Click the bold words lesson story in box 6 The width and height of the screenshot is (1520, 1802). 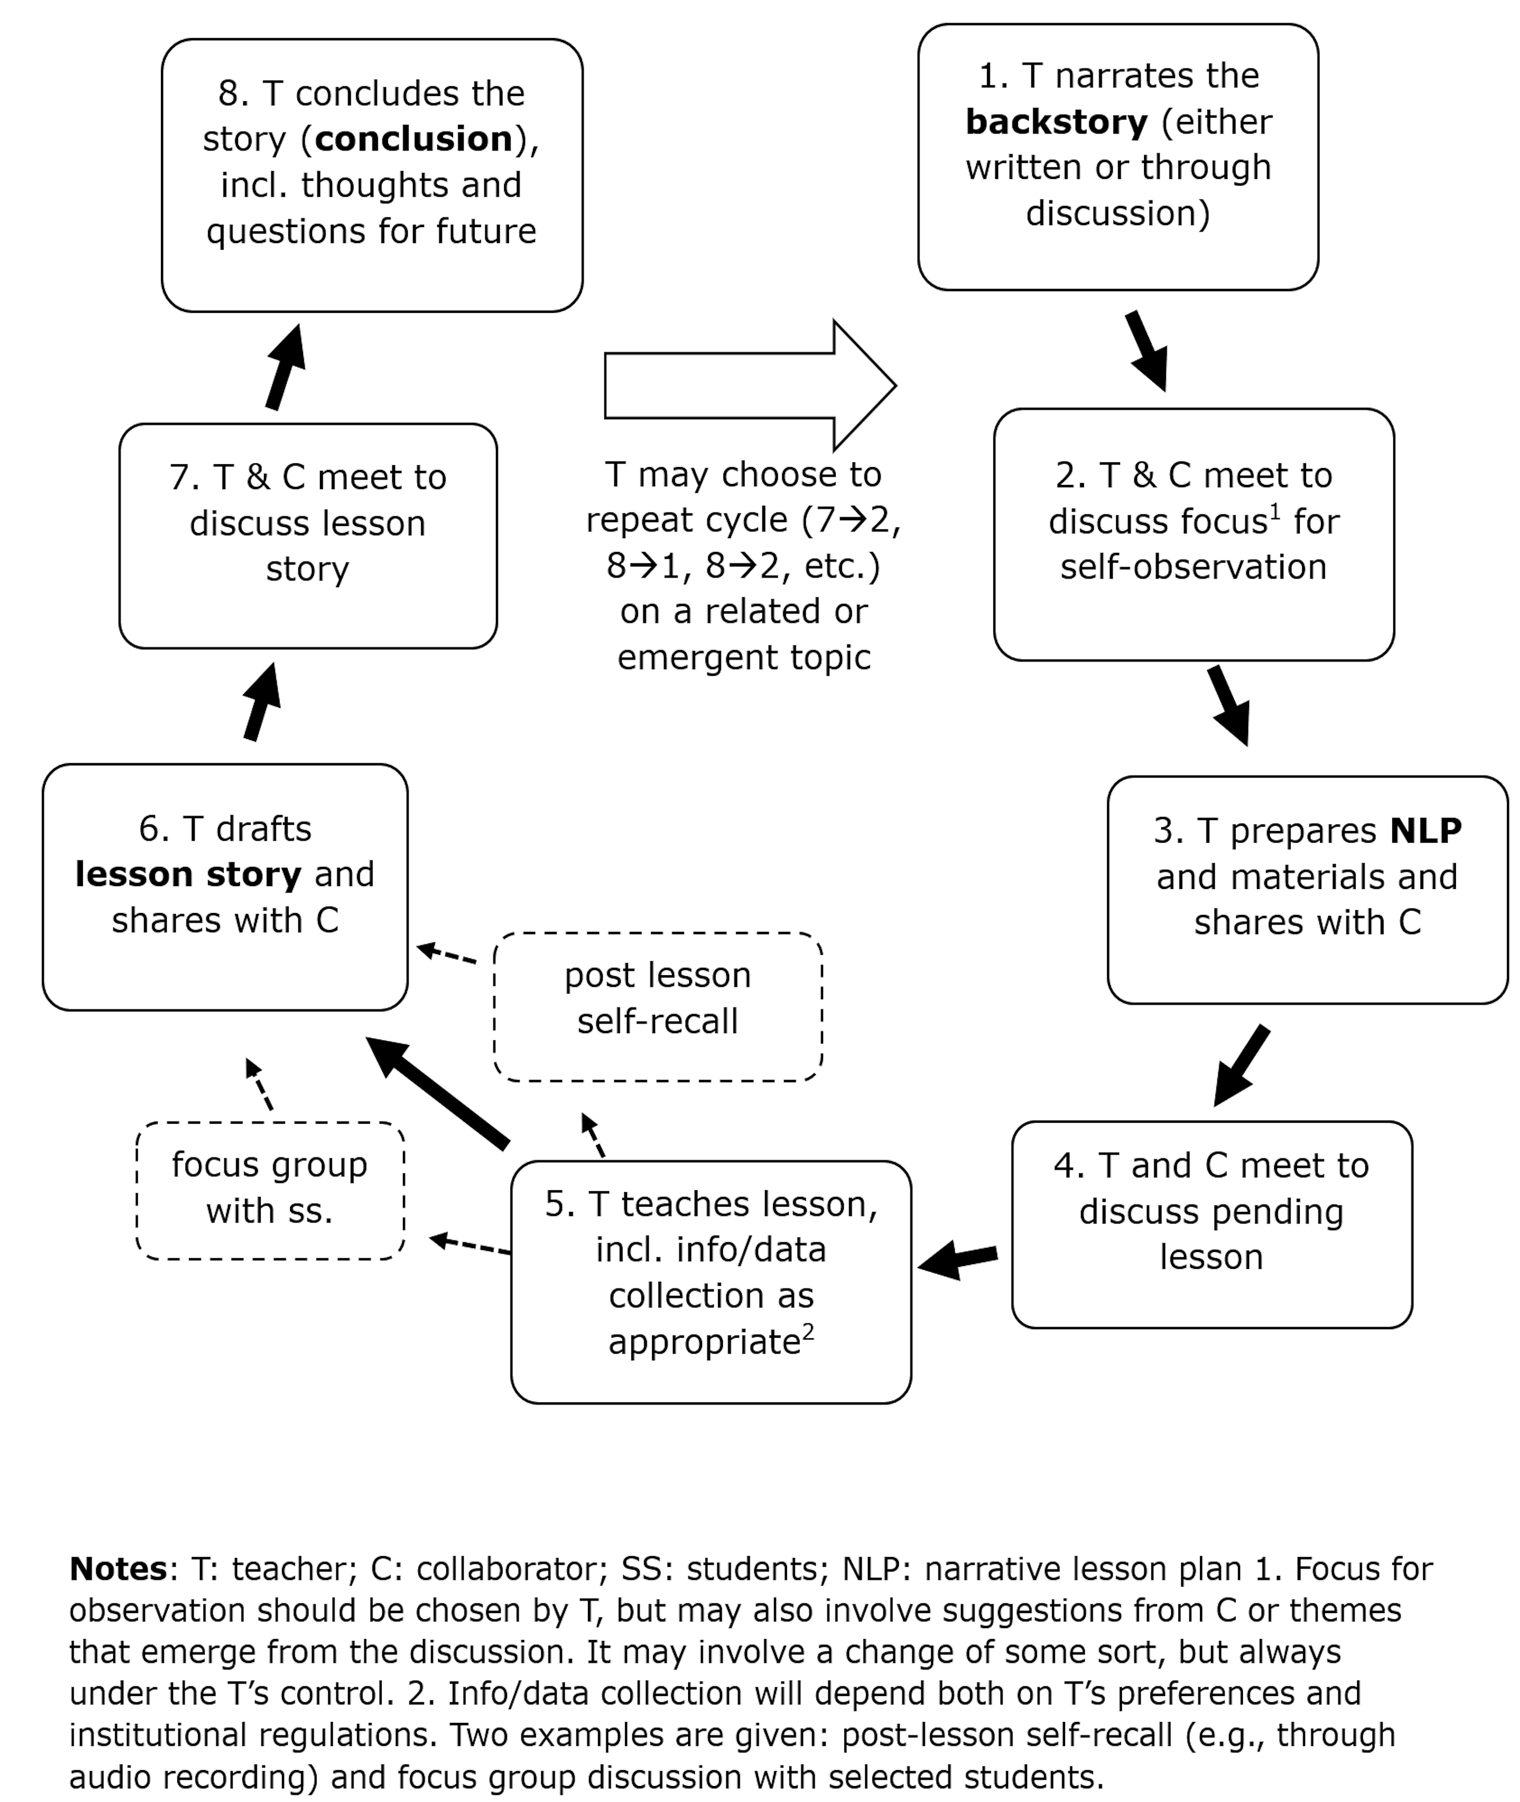188,874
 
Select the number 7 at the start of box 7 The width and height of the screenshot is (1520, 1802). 179,477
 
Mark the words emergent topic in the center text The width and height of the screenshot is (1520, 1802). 744,658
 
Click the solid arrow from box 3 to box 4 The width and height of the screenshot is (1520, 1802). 1241,1065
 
